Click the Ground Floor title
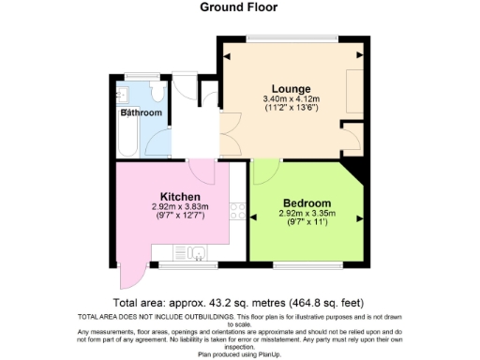pyautogui.click(x=239, y=7)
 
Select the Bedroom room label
pyautogui.click(x=307, y=203)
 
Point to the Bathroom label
pyautogui.click(x=141, y=113)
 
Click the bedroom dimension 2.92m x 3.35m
pyautogui.click(x=307, y=215)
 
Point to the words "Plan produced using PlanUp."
pyautogui.click(x=239, y=355)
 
